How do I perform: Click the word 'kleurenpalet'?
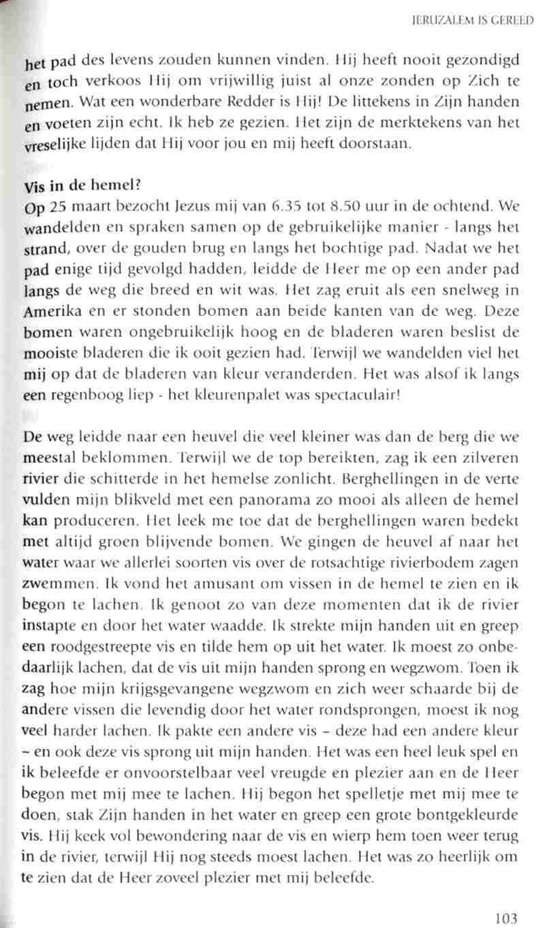(217, 398)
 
